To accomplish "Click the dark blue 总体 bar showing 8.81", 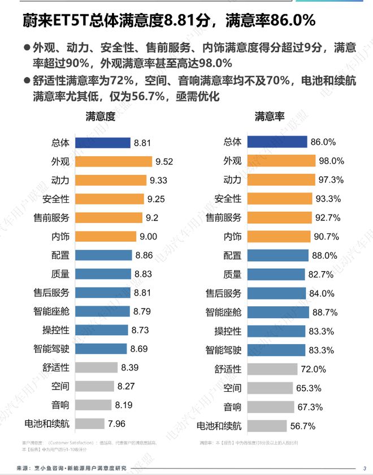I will point(103,143).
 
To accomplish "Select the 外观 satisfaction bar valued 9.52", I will point(114,161).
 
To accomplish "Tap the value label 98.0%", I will point(331,161).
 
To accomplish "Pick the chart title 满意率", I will point(269,117).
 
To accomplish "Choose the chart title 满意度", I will point(101,117).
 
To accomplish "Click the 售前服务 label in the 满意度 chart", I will point(51,217).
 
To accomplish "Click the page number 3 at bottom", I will point(364,468).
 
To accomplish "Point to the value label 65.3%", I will point(308,388).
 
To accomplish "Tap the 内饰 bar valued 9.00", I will point(106,237).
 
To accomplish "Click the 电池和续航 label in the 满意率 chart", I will point(218,426).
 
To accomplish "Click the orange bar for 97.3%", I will point(280,180).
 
